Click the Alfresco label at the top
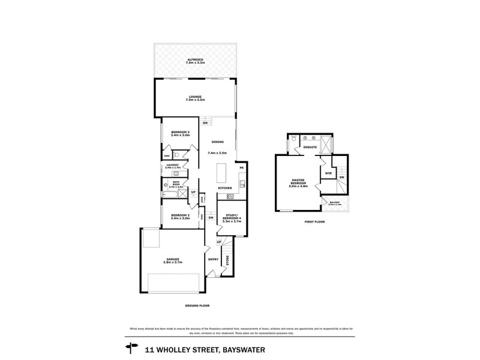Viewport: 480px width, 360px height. tap(195, 61)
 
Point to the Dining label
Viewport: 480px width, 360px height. tap(218, 142)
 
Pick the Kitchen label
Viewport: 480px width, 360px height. tap(225, 188)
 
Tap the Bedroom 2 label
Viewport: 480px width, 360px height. tap(180, 217)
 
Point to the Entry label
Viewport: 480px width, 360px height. tap(213, 259)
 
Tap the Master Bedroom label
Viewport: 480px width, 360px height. tap(299, 183)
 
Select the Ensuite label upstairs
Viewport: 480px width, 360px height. tap(310, 146)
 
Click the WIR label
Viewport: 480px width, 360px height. tap(328, 174)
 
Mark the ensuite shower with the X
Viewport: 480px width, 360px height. tap(326, 144)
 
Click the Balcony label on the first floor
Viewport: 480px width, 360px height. tap(334, 203)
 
